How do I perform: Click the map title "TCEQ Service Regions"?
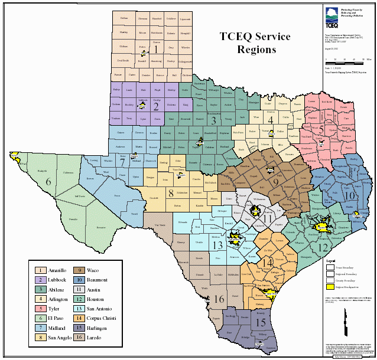pyautogui.click(x=255, y=43)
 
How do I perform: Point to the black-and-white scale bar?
pyautogui.click(x=349, y=60)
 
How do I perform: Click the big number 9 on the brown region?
pyautogui.click(x=275, y=183)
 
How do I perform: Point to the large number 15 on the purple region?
pyautogui.click(x=261, y=322)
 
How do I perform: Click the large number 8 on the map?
pyautogui.click(x=171, y=193)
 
